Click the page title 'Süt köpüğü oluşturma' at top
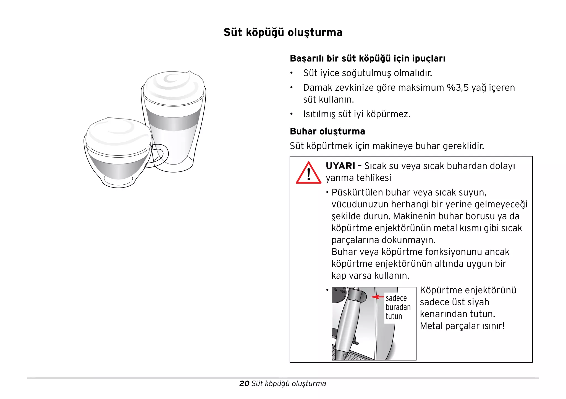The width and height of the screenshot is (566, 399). tap(283, 32)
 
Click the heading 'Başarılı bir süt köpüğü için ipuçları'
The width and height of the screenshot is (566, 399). tap(367, 59)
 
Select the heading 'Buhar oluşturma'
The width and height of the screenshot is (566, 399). tap(327, 131)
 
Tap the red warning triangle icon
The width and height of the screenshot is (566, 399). tap(308, 173)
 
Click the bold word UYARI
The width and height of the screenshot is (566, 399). tap(340, 166)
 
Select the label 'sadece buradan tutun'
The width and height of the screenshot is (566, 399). tap(398, 307)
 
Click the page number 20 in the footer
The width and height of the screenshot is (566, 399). tap(244, 384)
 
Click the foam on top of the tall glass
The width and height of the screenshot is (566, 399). tap(174, 86)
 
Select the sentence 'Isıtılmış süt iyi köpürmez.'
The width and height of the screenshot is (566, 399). tap(357, 114)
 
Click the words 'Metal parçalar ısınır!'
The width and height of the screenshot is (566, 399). tap(462, 326)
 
